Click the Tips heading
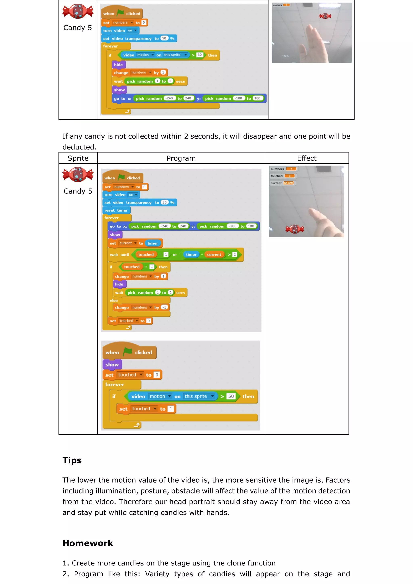pyautogui.click(x=72, y=460)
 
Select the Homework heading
pyautogui.click(x=88, y=543)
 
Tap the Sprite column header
pyautogui.click(x=78, y=158)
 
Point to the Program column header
pyautogui.click(x=181, y=158)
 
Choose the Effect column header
pyautogui.click(x=307, y=158)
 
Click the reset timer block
pyautogui.click(x=116, y=210)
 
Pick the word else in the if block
pyautogui.click(x=114, y=300)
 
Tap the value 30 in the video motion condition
pyautogui.click(x=200, y=55)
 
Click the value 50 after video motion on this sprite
pyautogui.click(x=231, y=396)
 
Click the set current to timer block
pyautogui.click(x=135, y=243)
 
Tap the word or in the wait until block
pyautogui.click(x=175, y=255)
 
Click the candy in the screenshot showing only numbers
pyautogui.click(x=325, y=16)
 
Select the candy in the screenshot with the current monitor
pyautogui.click(x=295, y=229)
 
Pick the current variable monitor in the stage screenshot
pyautogui.click(x=282, y=183)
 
